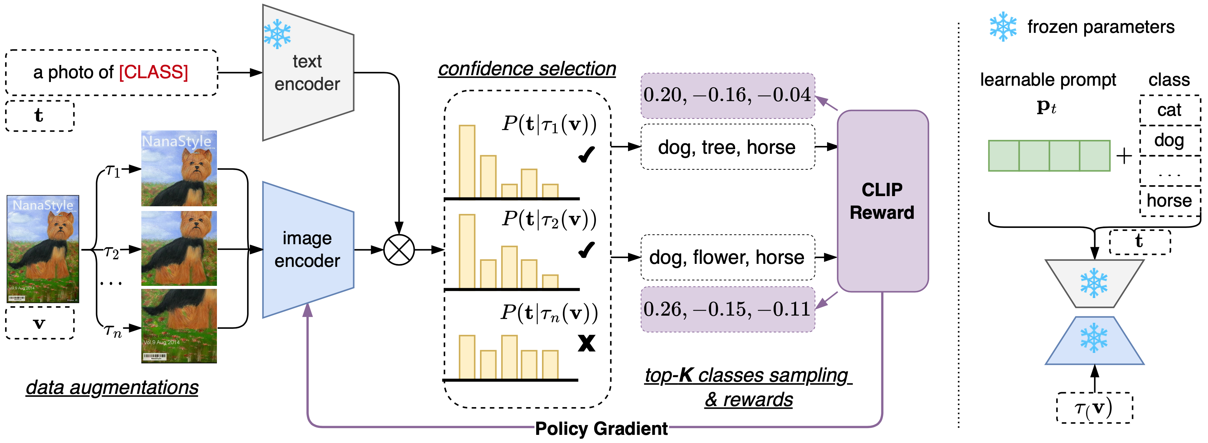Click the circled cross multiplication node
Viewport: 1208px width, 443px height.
(399, 250)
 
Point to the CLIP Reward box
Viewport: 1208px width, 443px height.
(882, 202)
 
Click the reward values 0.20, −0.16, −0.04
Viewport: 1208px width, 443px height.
(727, 96)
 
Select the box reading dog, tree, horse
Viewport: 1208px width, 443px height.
(727, 147)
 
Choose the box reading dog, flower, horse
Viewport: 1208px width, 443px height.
(727, 257)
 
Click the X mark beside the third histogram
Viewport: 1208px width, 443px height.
(586, 343)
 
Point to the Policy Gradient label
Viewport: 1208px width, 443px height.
(601, 428)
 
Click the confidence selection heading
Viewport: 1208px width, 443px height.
(527, 69)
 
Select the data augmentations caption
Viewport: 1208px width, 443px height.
(112, 387)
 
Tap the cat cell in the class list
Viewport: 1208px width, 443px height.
(1169, 110)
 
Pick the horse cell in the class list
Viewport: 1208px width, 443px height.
(1169, 201)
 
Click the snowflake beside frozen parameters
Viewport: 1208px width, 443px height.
(1003, 27)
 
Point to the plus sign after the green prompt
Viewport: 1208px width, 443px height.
(1124, 156)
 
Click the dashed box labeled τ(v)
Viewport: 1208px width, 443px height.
(1094, 408)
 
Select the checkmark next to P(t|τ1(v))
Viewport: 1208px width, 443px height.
(586, 154)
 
